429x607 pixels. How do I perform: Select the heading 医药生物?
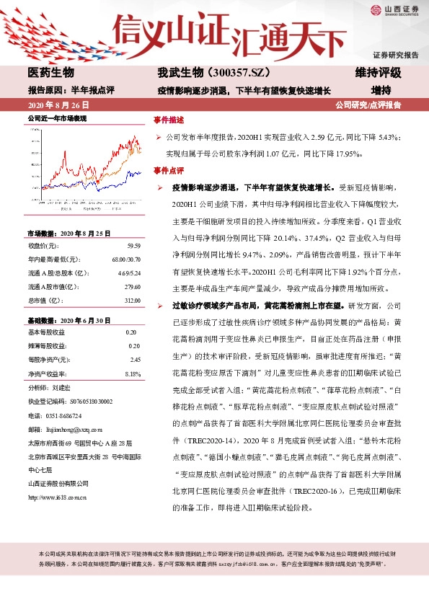51,73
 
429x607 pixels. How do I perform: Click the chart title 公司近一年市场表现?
57,117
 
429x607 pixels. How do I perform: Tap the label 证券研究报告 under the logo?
395,55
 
